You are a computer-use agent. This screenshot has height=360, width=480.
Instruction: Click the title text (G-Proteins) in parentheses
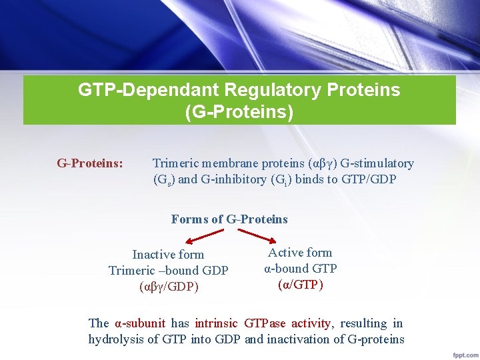pyautogui.click(x=239, y=111)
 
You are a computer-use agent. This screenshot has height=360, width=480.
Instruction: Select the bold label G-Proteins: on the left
pyautogui.click(x=90, y=163)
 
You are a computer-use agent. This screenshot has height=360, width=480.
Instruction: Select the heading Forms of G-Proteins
pyautogui.click(x=229, y=219)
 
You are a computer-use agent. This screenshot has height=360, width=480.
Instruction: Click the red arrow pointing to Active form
pyautogui.click(x=252, y=235)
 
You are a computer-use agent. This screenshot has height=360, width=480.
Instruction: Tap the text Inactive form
pyautogui.click(x=168, y=255)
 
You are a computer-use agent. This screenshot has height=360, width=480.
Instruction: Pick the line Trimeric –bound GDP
pyautogui.click(x=168, y=271)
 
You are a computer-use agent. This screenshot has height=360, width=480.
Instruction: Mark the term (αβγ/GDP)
pyautogui.click(x=169, y=287)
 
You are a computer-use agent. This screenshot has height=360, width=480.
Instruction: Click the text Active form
pyautogui.click(x=300, y=252)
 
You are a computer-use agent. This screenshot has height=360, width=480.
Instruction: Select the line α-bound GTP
pyautogui.click(x=300, y=268)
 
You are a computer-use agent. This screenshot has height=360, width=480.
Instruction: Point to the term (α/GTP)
pyautogui.click(x=300, y=285)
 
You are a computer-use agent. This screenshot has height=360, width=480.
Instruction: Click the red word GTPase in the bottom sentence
pyautogui.click(x=265, y=323)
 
